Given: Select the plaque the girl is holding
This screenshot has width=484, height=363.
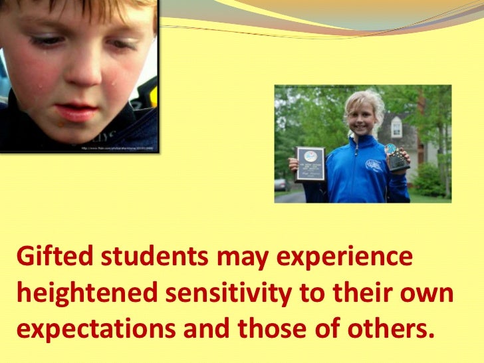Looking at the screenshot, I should tap(309, 164).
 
